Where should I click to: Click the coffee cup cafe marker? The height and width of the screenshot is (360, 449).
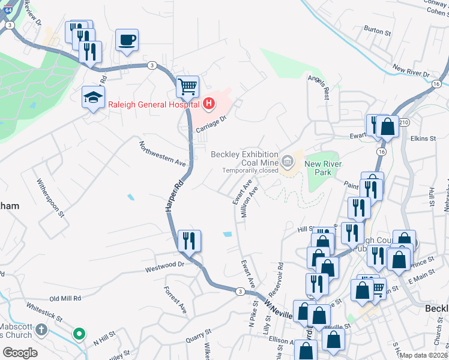(x=127, y=41)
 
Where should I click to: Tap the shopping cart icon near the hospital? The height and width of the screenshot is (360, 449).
(x=187, y=88)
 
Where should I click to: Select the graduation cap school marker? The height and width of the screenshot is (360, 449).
(x=93, y=97)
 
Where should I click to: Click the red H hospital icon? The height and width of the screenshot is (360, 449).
(x=209, y=104)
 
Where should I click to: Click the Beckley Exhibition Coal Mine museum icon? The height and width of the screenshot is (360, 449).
(x=288, y=160)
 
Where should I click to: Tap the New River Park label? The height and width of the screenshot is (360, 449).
(x=318, y=168)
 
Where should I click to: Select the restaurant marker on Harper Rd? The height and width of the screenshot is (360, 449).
(x=189, y=241)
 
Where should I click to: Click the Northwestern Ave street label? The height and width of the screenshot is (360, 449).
(x=163, y=154)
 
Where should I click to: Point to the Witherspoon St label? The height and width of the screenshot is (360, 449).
(x=50, y=197)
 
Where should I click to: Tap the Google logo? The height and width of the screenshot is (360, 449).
(x=20, y=353)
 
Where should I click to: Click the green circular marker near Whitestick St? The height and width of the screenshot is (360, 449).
(x=79, y=334)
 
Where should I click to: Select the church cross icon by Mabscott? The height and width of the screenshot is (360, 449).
(x=41, y=329)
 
